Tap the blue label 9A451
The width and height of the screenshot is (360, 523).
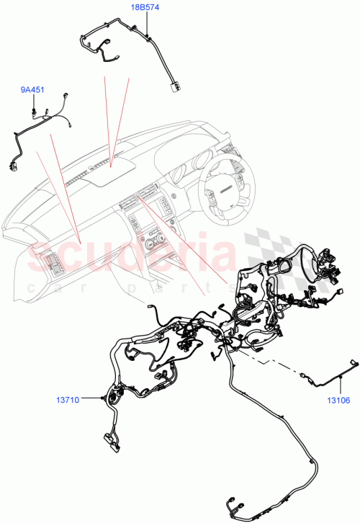(32, 90)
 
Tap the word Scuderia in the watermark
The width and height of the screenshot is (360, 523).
(130, 256)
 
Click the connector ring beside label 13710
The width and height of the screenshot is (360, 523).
(109, 398)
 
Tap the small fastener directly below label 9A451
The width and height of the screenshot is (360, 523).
(34, 110)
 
